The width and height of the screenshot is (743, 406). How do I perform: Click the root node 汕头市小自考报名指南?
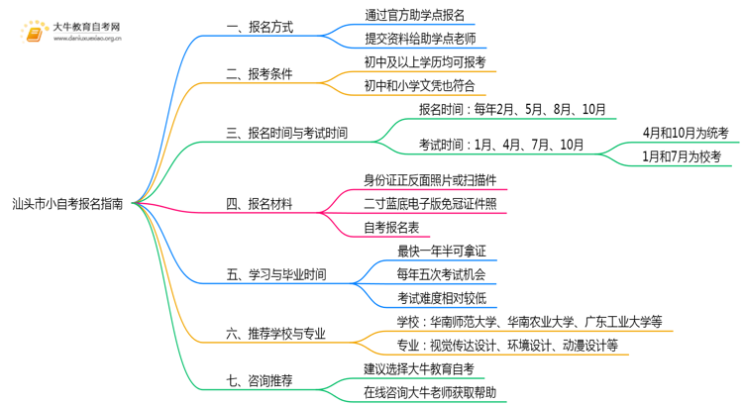click(67, 204)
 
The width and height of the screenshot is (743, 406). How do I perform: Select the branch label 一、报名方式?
click(260, 27)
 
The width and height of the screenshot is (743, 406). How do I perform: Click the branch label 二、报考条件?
click(260, 74)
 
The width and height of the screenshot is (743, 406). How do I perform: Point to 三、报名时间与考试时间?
click(286, 133)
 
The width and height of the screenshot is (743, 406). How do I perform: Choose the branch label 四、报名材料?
click(260, 204)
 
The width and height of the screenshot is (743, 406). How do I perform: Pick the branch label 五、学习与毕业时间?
click(276, 274)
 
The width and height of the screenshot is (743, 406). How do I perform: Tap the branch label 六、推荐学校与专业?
click(275, 334)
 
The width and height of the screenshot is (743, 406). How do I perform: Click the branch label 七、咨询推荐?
click(260, 381)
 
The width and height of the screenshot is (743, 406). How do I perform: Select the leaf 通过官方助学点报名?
click(415, 15)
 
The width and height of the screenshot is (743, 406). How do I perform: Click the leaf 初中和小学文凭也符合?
click(419, 86)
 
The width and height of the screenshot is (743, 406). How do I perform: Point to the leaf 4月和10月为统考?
click(686, 133)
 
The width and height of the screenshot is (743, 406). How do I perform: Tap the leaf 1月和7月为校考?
click(682, 156)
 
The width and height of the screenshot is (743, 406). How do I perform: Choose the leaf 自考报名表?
click(391, 228)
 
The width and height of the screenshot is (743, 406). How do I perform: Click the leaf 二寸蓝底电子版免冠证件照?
click(430, 204)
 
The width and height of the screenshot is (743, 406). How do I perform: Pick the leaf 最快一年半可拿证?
click(442, 252)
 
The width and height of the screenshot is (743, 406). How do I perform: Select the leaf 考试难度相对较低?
click(442, 298)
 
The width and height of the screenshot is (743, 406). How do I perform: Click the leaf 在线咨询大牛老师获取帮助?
click(430, 393)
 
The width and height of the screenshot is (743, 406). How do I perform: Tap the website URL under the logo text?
click(87, 39)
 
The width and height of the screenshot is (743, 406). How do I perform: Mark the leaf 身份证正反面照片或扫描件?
click(430, 180)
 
